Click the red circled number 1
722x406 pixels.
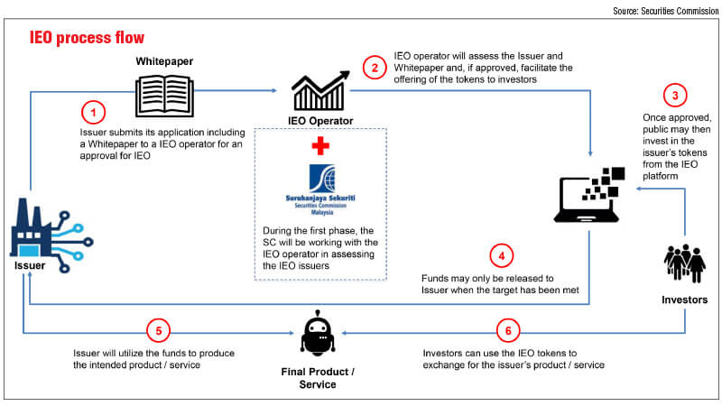94,112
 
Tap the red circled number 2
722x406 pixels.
375,68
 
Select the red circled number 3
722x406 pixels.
675,96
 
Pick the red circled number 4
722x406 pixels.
502,256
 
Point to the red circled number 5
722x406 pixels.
159,330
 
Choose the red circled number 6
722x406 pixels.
508,330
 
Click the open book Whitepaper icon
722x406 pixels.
164,97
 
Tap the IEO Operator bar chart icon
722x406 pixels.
320,91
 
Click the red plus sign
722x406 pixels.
320,146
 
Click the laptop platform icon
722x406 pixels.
589,195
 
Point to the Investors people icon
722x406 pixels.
685,263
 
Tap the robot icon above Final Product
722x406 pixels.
318,333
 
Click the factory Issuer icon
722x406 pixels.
51,235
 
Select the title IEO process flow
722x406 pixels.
87,37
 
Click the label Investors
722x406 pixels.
685,300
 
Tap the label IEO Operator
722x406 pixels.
320,121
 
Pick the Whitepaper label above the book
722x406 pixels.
164,61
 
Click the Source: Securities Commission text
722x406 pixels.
665,11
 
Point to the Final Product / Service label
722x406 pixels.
318,378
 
